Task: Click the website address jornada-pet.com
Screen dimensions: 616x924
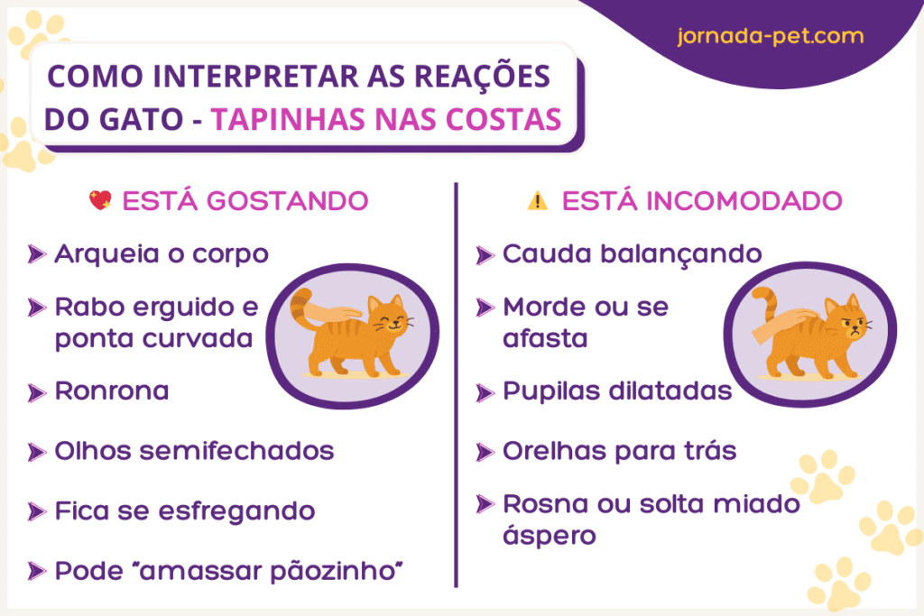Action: (770, 38)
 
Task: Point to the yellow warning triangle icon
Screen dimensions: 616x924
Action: (538, 201)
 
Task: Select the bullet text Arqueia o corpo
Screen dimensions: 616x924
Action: (162, 253)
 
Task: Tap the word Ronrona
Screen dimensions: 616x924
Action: (112, 391)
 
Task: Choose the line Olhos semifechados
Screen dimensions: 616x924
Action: (194, 450)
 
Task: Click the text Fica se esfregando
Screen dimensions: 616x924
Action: (185, 511)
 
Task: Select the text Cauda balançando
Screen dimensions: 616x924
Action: (632, 253)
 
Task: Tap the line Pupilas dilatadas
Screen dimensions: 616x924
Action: (617, 392)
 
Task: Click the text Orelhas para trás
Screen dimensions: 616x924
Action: (619, 450)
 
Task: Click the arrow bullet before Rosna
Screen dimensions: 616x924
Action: (485, 503)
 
